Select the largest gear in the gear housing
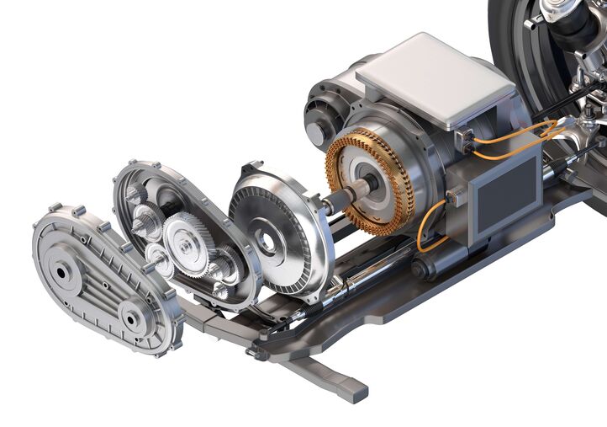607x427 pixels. coord(183,243)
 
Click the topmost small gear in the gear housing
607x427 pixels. coord(137,196)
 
